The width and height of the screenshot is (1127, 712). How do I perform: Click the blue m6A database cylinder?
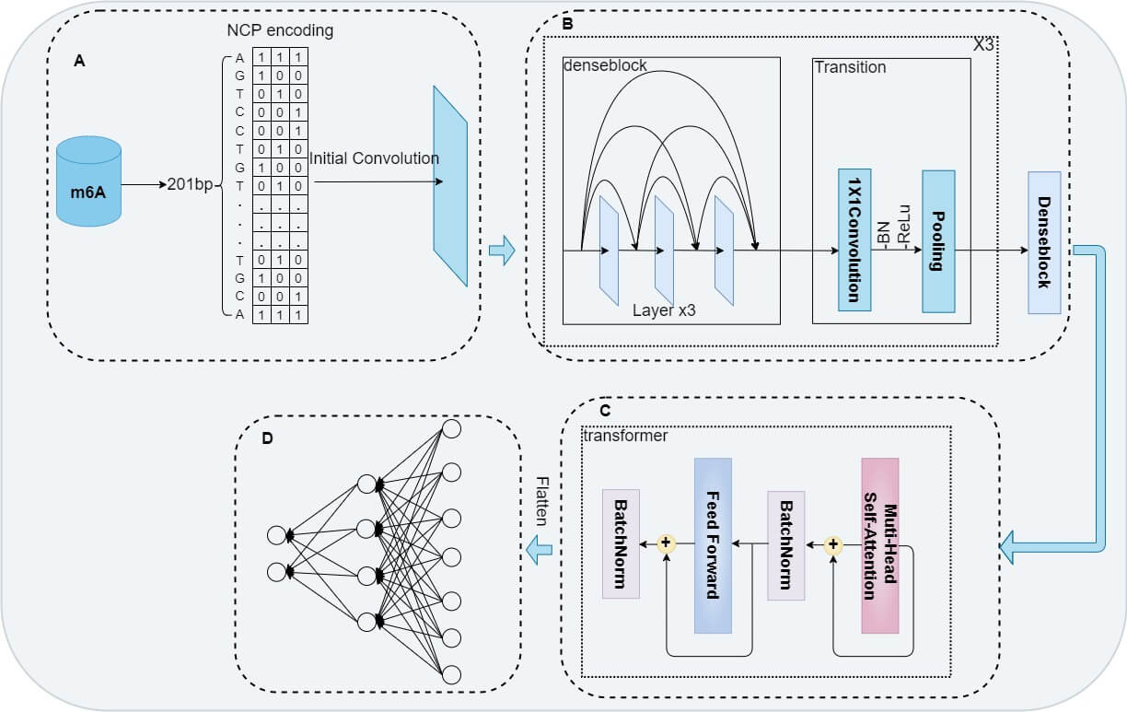(88, 181)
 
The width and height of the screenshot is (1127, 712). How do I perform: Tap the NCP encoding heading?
(280, 30)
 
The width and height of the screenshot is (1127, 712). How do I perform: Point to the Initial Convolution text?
(374, 158)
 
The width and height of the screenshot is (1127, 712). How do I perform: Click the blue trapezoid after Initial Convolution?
(450, 186)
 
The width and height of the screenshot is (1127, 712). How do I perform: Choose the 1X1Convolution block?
(854, 239)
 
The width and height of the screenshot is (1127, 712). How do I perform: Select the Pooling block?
(938, 239)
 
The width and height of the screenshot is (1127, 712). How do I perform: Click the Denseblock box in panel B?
(1044, 242)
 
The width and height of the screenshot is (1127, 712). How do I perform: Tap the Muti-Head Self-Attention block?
(879, 545)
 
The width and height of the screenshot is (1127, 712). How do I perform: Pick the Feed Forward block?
(713, 545)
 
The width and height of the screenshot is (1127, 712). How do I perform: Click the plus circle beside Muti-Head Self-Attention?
(833, 544)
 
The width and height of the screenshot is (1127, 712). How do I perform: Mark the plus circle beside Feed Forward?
(667, 544)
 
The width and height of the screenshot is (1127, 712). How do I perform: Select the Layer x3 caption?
(663, 310)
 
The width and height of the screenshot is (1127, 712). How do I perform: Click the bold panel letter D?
(267, 438)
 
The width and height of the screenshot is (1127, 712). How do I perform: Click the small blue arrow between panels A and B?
(502, 250)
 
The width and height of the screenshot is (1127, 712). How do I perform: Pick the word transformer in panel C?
(626, 436)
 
